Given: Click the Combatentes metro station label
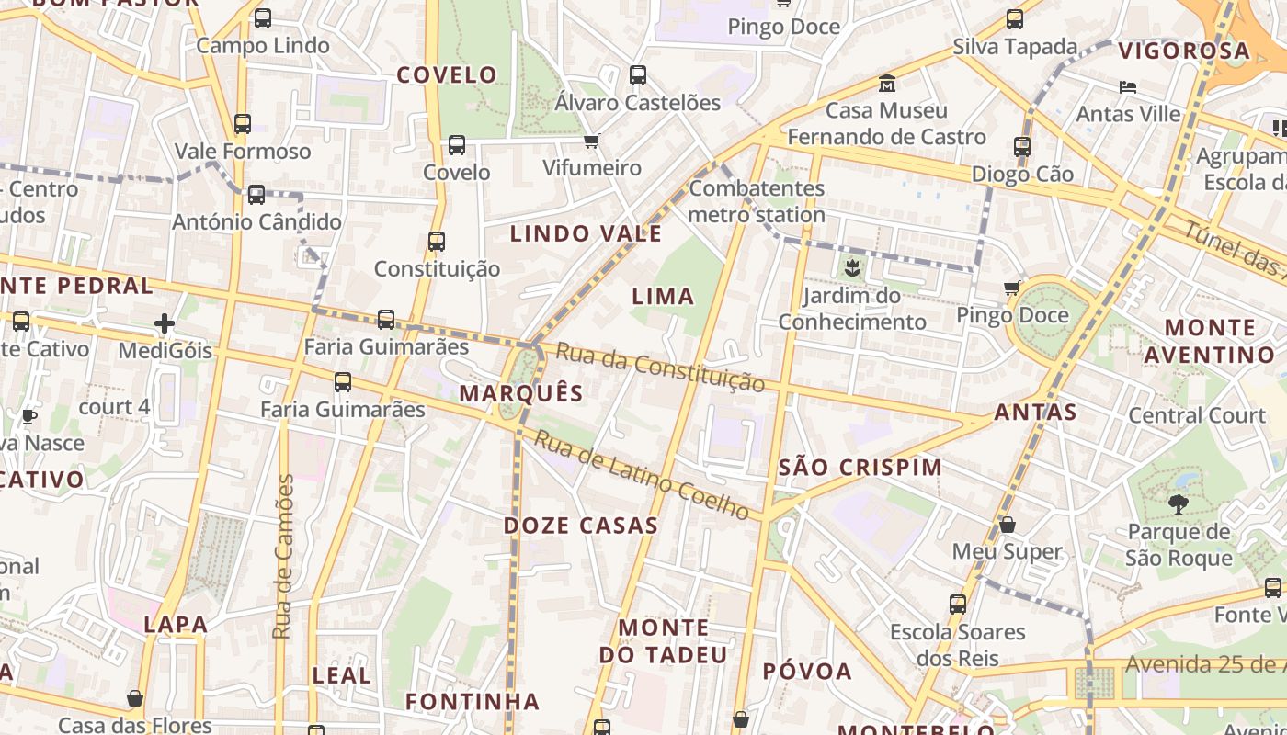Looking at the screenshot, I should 757,201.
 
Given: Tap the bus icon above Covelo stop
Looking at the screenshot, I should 457,145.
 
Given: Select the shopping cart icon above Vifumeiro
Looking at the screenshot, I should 591,141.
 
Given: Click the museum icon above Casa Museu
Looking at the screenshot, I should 887,83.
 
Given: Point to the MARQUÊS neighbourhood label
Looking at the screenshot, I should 521,393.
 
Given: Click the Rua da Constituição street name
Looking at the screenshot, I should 660,367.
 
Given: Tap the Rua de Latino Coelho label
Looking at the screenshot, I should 642,475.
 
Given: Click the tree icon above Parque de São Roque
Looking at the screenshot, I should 1178,503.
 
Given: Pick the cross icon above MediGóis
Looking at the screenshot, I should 165,323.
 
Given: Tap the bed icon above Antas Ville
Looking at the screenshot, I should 1128,87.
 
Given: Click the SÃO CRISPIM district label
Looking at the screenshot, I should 860,467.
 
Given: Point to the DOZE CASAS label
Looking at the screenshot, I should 581,526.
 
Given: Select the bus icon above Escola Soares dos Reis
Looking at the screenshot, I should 957,605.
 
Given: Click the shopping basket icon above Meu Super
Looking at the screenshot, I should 1008,525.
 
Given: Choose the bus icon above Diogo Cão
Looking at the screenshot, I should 1021,146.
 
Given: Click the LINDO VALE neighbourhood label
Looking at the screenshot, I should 586,233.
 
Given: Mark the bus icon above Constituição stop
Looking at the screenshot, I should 437,242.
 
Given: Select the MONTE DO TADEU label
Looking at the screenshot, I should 663,641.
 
